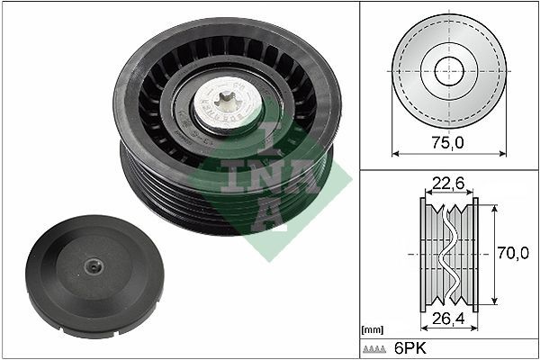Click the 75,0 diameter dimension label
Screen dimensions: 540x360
click(448, 142)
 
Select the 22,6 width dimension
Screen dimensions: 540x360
click(448, 184)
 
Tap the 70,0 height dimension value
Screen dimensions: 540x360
click(513, 253)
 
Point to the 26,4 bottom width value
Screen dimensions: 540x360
click(448, 319)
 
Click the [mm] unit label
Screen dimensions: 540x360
click(373, 330)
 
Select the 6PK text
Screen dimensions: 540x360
click(409, 348)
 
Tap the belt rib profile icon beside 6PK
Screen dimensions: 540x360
click(374, 349)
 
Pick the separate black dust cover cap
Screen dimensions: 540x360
click(95, 274)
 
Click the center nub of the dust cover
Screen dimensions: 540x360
click(94, 266)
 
